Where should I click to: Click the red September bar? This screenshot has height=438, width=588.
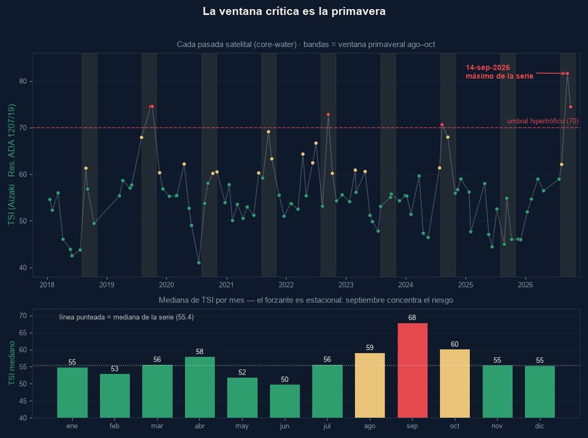tap(412, 370)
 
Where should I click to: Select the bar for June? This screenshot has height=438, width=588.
tap(284, 401)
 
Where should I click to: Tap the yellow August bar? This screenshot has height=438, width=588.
tap(370, 385)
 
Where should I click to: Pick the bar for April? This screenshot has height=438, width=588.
tap(199, 387)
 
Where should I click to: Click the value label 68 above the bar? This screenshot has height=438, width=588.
tap(412, 318)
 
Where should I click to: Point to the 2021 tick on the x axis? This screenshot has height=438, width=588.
tap(226, 285)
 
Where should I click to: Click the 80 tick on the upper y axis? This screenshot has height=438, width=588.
tap(23, 81)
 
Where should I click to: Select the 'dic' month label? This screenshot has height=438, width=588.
tap(540, 426)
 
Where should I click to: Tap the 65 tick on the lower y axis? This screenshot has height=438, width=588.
tap(23, 333)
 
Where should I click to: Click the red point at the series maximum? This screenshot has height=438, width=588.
tap(567, 73)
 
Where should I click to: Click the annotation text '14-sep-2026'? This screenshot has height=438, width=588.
tap(488, 67)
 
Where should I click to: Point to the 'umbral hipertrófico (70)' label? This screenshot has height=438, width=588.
tap(543, 121)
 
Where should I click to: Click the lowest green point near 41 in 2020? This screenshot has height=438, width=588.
tap(199, 263)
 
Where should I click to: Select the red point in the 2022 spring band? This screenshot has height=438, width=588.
tap(328, 114)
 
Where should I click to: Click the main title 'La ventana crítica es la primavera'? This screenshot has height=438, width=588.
tap(294, 11)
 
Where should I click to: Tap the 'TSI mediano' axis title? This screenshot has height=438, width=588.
tap(12, 363)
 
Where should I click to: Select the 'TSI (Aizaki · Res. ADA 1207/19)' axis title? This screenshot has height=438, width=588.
tap(12, 165)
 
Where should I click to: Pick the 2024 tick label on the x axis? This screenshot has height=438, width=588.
tap(405, 285)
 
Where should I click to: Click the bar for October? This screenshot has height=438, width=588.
tap(454, 384)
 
